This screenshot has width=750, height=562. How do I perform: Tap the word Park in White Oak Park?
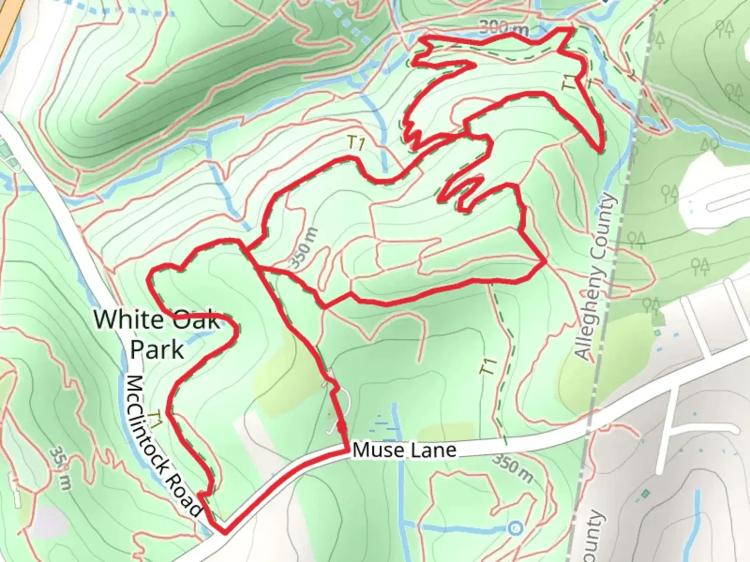coord(157,349)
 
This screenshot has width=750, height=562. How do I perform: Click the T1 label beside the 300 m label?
coord(572,83)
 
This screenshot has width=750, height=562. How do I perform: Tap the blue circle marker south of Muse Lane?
coord(515,528)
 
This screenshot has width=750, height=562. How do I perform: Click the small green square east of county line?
coord(646,493)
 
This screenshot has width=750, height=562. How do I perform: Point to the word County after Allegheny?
coord(607,223)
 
